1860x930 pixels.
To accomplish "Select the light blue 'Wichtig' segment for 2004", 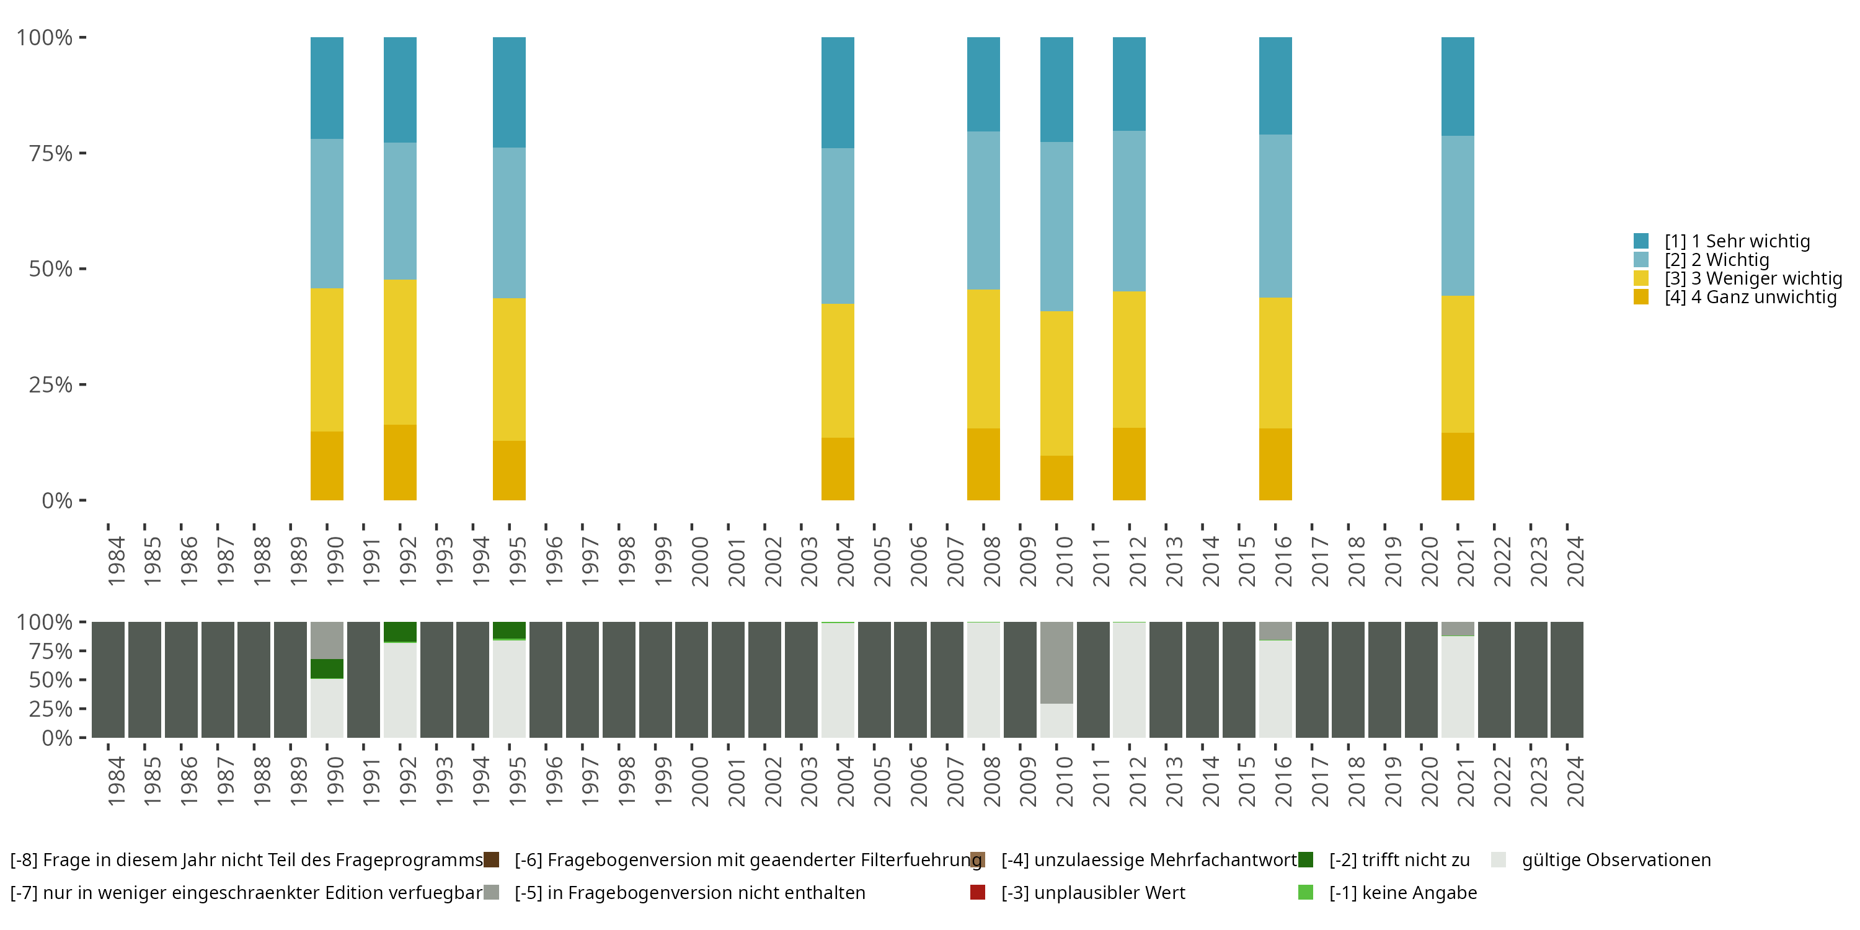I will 838,226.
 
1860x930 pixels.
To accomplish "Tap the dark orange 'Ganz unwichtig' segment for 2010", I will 1056,477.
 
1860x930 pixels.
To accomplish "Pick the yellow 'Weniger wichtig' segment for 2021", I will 1457,364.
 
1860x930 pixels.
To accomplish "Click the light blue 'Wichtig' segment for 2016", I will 1275,216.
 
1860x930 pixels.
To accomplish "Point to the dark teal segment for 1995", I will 509,92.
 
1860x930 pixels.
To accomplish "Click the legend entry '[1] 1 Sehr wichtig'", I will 1737,241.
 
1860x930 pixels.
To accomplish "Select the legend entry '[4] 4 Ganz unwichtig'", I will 1750,297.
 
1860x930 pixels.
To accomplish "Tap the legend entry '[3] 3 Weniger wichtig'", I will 1752,278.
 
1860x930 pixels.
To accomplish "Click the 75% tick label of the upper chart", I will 51,153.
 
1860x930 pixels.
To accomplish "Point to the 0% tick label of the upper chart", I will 57,500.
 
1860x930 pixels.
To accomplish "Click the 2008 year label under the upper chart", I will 991,561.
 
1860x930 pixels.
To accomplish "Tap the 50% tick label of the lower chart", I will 51,680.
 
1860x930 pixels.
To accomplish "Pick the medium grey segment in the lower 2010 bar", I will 1056,662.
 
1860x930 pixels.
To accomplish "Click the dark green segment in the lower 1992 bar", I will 400,632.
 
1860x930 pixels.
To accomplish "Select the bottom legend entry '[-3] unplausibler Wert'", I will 1092,892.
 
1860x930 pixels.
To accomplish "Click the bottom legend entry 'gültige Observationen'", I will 1615,860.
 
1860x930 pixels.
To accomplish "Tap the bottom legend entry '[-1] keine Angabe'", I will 1402,892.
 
